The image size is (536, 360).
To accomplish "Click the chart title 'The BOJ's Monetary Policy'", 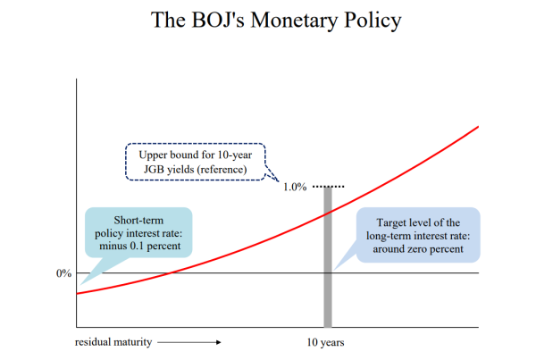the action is (276, 21).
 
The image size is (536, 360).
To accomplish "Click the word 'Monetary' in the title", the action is (294, 21).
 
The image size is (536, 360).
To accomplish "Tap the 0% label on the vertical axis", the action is (64, 273).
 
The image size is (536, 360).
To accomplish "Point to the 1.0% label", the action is (295, 187).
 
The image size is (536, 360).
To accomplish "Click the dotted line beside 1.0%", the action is (329, 187).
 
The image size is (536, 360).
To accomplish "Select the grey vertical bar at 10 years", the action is (328, 257).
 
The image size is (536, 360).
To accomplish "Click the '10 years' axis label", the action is (325, 342).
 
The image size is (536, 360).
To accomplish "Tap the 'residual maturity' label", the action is (113, 342).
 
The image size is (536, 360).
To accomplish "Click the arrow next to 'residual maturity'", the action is (189, 342).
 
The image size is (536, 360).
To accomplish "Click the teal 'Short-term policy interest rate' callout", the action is (138, 232).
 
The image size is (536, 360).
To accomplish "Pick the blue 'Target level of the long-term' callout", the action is (418, 235).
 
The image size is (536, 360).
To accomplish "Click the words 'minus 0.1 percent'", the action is (140, 246).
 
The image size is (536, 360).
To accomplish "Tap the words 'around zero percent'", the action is (418, 249).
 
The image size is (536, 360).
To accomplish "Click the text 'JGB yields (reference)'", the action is (195, 169).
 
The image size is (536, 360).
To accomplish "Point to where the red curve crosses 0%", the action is (171, 272).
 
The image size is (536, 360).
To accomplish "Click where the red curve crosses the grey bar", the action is (328, 213).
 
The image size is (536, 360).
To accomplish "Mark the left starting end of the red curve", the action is (77, 293).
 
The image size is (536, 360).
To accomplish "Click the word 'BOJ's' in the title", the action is (218, 20).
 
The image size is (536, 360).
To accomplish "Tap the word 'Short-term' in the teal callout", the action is (138, 220).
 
